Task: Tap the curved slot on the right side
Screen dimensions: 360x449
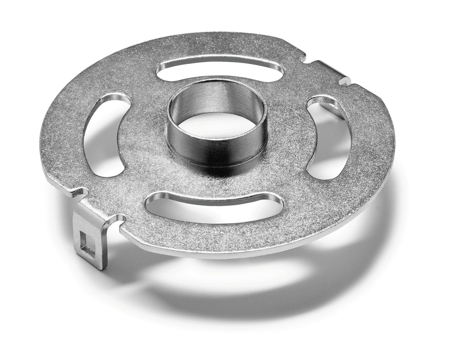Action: pyautogui.click(x=327, y=137)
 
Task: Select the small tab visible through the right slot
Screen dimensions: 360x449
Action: pyautogui.click(x=335, y=110)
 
